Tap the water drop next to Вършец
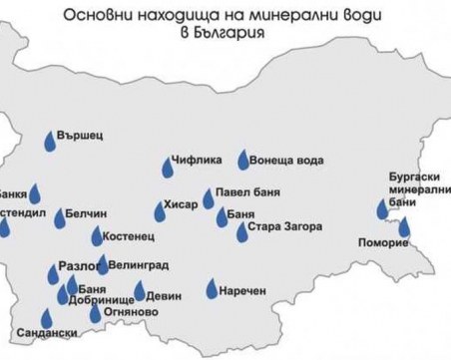pyautogui.click(x=50, y=143)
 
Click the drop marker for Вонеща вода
pyautogui.click(x=243, y=160)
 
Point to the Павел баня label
pyautogui.click(x=253, y=193)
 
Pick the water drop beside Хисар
pyautogui.click(x=160, y=211)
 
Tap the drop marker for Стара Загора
pyautogui.click(x=242, y=233)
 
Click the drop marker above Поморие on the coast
pyautogui.click(x=404, y=227)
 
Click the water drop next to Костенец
pyautogui.click(x=97, y=237)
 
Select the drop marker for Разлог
pyautogui.click(x=52, y=275)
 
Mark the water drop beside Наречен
pyautogui.click(x=212, y=289)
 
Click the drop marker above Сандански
pyautogui.click(x=46, y=318)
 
